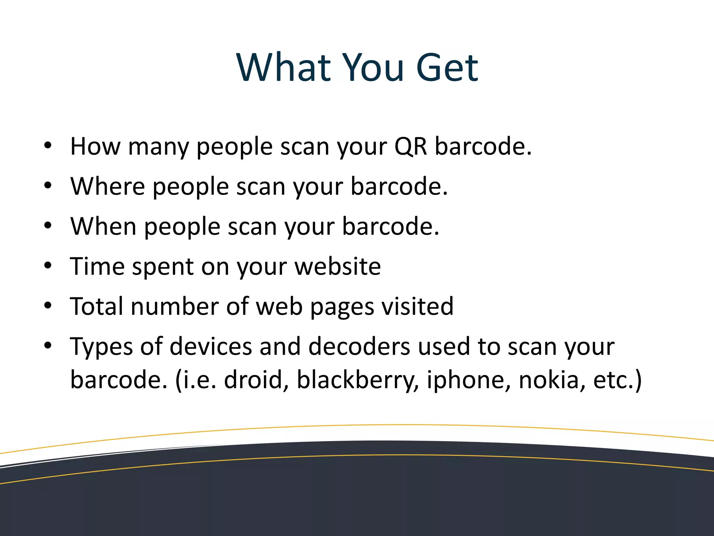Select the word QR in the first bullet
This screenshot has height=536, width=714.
[410, 146]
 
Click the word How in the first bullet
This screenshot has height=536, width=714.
[95, 146]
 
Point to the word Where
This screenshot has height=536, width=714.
[107, 186]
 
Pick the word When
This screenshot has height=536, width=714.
[103, 226]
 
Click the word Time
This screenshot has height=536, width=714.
[97, 267]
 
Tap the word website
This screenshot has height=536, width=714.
[337, 267]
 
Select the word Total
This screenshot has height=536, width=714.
[97, 307]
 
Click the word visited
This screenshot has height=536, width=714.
[417, 307]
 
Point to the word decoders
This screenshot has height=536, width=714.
[359, 347]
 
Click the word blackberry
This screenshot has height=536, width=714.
[358, 380]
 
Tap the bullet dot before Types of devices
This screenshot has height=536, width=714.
[48, 346]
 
